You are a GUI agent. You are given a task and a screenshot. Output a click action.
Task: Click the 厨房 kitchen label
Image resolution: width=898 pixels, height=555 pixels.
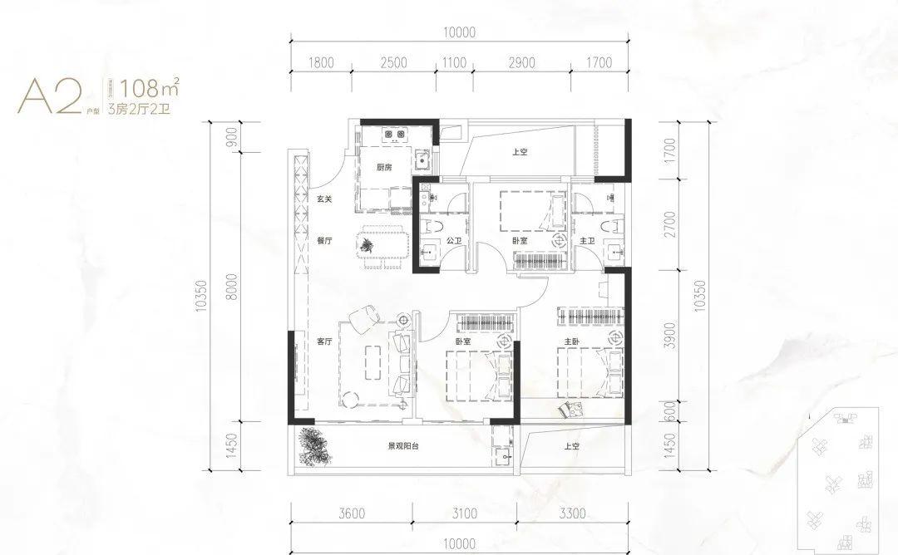(383, 168)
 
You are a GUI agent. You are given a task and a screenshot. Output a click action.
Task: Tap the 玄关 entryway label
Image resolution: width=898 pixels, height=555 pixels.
(324, 199)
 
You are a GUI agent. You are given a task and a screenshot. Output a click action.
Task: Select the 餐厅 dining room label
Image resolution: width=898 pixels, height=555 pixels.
(324, 241)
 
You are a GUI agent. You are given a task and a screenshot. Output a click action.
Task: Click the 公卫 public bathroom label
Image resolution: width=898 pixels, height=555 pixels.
(454, 241)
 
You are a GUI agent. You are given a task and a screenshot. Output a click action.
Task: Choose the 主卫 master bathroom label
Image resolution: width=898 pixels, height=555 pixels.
(588, 241)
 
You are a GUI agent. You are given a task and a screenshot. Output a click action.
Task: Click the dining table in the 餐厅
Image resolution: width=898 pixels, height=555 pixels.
(382, 245)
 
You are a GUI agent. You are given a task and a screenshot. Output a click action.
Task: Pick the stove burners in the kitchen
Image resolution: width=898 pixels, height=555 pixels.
(392, 133)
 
